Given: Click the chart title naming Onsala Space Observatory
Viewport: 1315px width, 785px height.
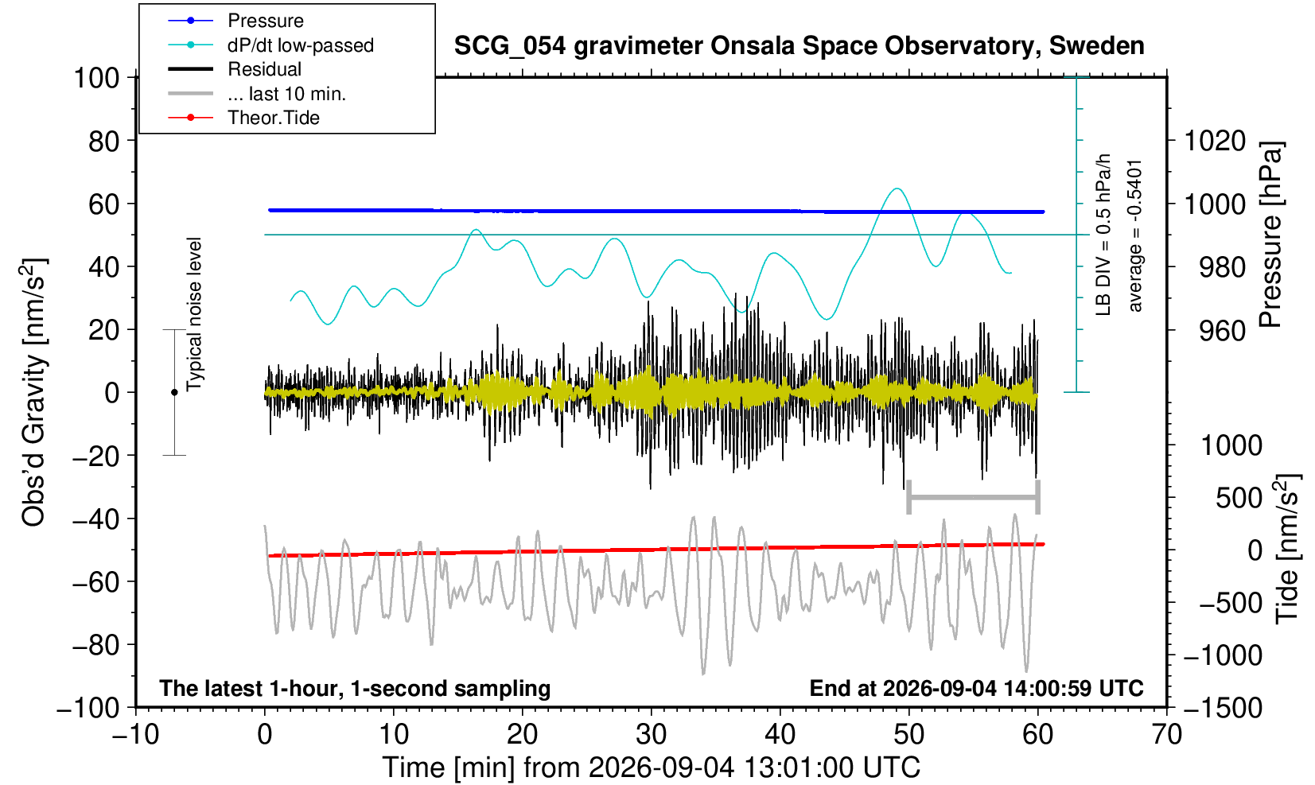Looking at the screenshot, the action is click(x=799, y=46).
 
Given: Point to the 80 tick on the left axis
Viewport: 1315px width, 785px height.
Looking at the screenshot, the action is click(x=104, y=141).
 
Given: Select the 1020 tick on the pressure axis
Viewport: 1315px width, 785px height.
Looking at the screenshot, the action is click(x=1215, y=141).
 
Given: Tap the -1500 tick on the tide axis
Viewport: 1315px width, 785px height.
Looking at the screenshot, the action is click(x=1223, y=708).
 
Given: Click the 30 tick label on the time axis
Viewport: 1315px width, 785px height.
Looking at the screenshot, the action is click(x=651, y=735).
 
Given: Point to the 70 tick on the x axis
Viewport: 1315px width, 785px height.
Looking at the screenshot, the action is click(x=1166, y=735).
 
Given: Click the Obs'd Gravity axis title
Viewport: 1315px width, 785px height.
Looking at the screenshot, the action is click(x=33, y=392).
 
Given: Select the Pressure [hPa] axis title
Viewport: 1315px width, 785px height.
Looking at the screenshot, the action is click(x=1270, y=235).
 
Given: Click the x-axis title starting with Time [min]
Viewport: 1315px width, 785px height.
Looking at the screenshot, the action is click(x=651, y=767).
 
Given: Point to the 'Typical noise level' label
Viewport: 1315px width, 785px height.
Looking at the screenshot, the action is click(x=194, y=315).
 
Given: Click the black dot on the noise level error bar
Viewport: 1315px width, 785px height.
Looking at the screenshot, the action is click(x=174, y=392).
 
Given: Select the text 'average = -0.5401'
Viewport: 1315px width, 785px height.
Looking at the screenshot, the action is click(x=1134, y=235).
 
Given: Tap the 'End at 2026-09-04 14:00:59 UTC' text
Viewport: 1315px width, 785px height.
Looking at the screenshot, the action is click(x=976, y=688).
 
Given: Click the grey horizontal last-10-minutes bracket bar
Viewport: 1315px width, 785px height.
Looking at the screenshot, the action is click(x=974, y=497).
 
